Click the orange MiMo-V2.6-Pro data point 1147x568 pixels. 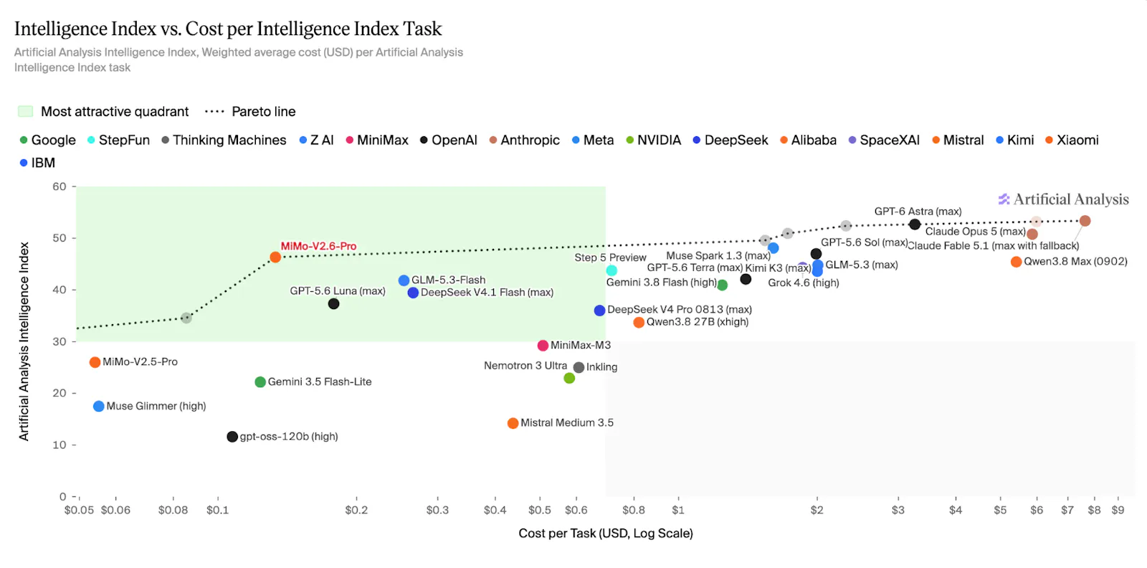275,257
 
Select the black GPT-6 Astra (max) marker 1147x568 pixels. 915,224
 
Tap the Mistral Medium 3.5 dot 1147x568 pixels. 513,423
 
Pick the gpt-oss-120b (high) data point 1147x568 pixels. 232,436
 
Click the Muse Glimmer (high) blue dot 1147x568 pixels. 99,406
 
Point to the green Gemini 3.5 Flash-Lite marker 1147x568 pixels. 260,382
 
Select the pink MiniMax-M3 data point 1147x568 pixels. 543,346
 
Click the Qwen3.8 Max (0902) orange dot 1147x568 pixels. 1017,262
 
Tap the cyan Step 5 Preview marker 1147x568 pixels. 611,270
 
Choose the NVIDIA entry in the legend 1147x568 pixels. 653,141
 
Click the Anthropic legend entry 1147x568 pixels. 524,141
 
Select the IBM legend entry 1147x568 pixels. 37,163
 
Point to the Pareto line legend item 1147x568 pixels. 250,112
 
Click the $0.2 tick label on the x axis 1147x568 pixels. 356,510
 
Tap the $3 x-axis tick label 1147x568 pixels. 898,510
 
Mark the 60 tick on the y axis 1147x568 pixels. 60,186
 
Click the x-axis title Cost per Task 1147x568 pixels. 606,534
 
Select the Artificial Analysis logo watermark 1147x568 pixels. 1064,199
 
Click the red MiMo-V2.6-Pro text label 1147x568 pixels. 318,247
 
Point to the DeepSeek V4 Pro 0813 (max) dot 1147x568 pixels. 599,311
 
